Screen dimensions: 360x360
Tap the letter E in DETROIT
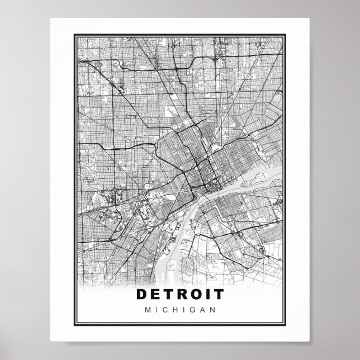pyautogui.click(x=155, y=293)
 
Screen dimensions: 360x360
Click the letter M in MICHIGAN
pyautogui.click(x=147, y=310)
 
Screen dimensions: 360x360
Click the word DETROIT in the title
pyautogui.click(x=179, y=293)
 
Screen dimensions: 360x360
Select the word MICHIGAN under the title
pyautogui.click(x=179, y=310)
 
